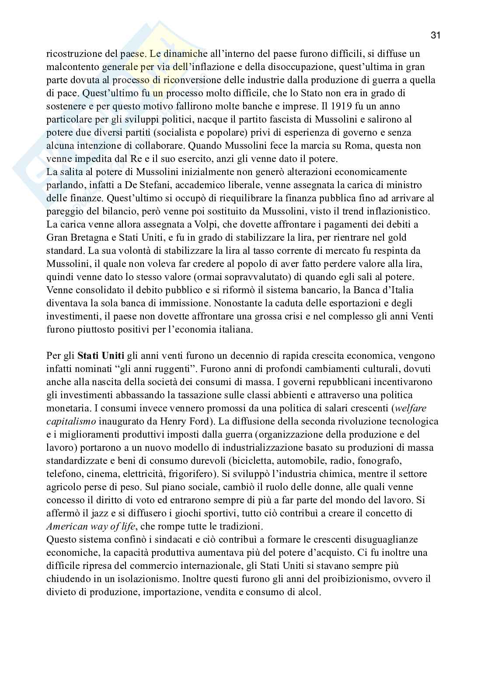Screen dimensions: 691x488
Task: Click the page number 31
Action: click(435, 35)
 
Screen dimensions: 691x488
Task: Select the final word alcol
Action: click(308, 592)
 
